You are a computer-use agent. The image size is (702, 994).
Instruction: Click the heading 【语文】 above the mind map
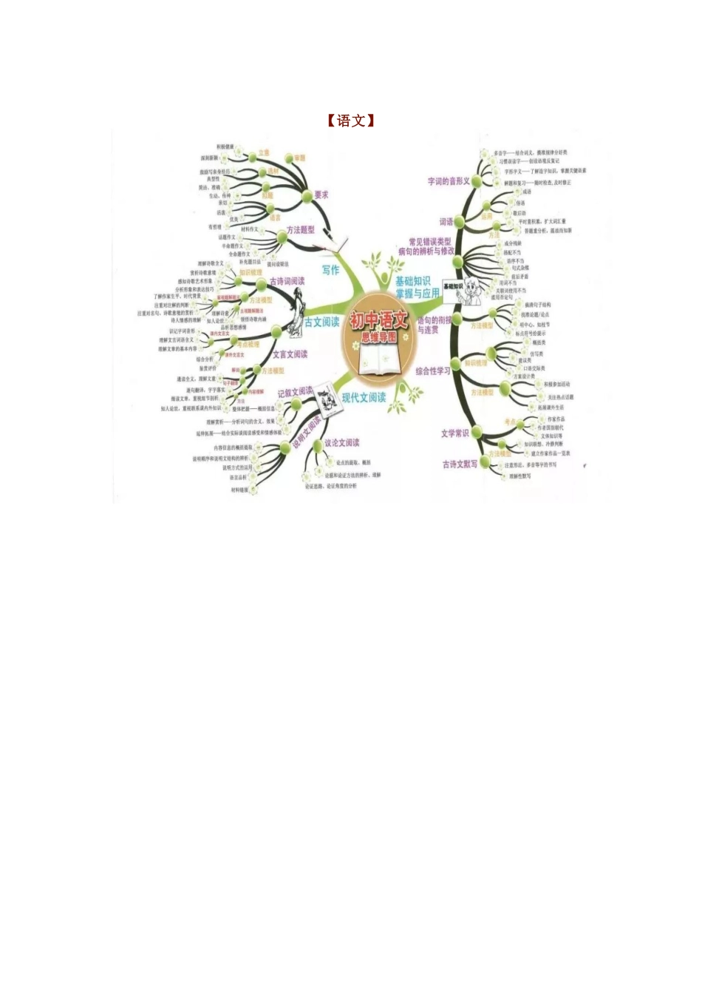coord(351,121)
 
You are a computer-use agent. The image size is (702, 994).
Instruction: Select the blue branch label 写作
coord(330,270)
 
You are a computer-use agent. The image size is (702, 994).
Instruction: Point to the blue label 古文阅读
coord(322,322)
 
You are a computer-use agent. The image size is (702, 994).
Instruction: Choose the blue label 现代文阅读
coord(364,398)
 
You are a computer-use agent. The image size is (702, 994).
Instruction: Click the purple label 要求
coord(321,195)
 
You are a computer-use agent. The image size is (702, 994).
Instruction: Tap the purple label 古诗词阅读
coord(287,282)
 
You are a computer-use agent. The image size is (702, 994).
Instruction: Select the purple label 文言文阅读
coord(290,354)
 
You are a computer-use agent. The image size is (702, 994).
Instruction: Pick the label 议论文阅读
coord(342,443)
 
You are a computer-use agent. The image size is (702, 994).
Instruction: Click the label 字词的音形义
coord(449,181)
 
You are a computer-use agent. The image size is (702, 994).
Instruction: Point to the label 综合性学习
coord(432,371)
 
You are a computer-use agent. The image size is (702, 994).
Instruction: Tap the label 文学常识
coord(454,433)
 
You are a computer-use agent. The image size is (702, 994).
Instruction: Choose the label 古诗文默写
coord(460,464)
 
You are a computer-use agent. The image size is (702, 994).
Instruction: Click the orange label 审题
coord(299,158)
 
